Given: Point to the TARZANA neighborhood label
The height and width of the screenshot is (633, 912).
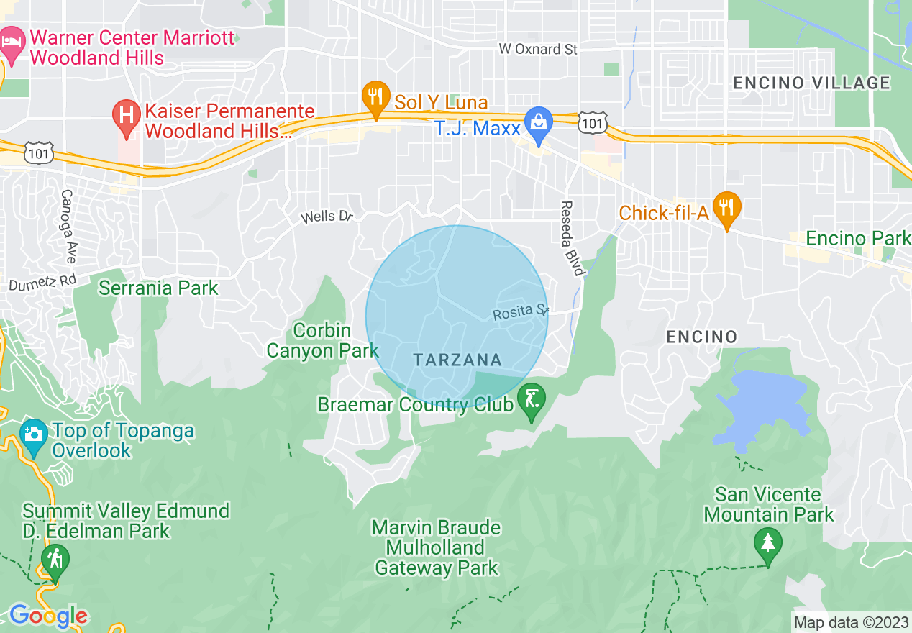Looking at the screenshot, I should point(457,360).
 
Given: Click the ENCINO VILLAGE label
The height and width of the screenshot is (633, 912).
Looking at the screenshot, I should point(811,83).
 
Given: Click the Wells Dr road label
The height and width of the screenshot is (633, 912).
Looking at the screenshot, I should point(327,216).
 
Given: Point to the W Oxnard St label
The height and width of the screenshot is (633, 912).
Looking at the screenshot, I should point(539,49).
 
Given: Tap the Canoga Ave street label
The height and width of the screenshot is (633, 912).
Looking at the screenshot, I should point(69,226).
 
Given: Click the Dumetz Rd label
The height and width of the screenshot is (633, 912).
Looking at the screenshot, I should point(42,283).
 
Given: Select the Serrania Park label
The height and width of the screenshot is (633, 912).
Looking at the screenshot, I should point(158,288).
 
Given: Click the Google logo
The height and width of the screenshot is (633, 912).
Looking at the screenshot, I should point(48,616).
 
